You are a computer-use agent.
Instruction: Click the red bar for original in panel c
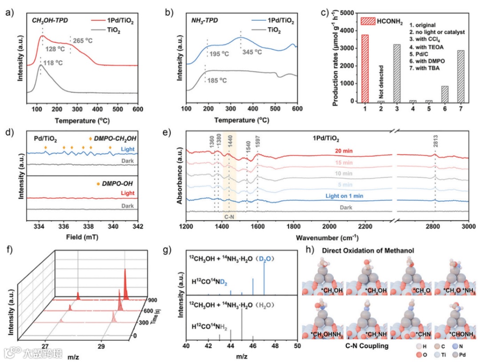[x=365, y=69]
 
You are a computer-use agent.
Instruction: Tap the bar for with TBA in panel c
[x=460, y=76]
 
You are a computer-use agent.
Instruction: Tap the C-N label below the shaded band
[x=229, y=217]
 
